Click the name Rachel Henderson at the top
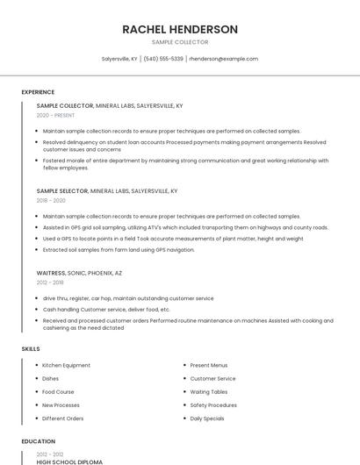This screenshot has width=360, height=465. point(180,29)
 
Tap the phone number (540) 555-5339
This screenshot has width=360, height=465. point(163,59)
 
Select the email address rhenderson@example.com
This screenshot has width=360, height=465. point(223,59)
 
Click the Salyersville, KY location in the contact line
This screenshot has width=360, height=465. point(119,59)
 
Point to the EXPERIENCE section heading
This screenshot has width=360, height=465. point(38,92)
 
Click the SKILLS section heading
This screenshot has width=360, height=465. point(31,349)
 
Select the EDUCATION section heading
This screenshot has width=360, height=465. point(39,441)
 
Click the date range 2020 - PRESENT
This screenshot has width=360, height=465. point(55,115)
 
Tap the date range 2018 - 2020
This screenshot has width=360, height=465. point(52,200)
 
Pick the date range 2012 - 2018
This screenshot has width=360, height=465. point(50,283)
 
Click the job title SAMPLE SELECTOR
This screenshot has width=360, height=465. point(62,190)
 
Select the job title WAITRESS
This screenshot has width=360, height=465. point(51,273)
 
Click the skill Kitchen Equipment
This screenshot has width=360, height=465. point(66,365)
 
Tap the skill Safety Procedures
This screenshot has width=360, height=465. point(213,405)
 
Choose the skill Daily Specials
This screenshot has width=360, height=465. point(207,418)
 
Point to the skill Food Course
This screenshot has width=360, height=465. point(58,392)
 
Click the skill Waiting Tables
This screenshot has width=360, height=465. point(209,392)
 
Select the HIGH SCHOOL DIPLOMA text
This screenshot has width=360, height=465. point(69,461)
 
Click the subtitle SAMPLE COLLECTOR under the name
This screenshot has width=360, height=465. point(180,42)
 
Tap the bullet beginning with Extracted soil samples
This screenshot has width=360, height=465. point(119,249)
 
